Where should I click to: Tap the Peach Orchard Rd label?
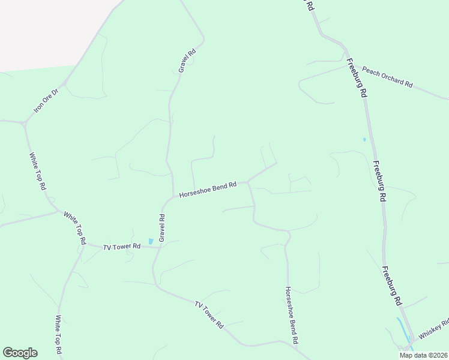388,77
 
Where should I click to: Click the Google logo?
20,352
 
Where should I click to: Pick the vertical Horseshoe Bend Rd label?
292,314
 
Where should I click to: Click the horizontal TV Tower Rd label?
121,246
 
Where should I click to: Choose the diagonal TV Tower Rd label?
209,314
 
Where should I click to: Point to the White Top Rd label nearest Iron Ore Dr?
38,171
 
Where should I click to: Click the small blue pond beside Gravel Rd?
150,241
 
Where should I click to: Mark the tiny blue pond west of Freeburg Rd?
364,140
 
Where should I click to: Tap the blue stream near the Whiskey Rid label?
402,329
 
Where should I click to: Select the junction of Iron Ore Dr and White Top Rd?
25,124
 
